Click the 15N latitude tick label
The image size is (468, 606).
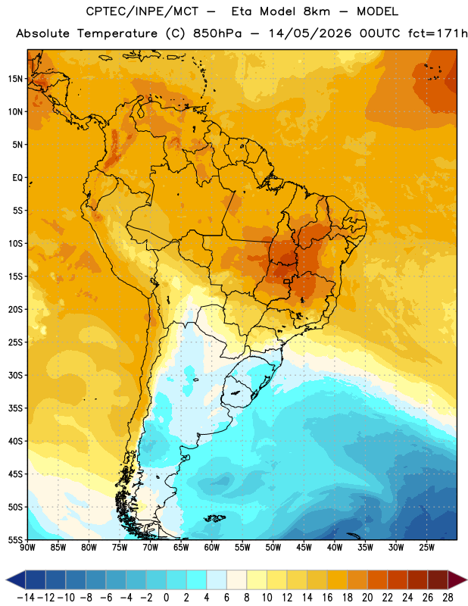(x=15, y=79)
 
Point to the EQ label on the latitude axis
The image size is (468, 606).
(x=17, y=178)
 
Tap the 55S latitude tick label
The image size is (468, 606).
(x=15, y=539)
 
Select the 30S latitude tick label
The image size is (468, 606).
(x=15, y=375)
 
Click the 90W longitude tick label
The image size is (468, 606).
(x=28, y=547)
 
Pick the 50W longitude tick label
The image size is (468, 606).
(x=273, y=547)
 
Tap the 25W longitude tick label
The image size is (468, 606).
(x=426, y=547)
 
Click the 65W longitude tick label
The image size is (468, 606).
(x=181, y=547)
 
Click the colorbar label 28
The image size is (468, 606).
(x=448, y=598)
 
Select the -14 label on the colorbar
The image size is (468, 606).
(x=27, y=598)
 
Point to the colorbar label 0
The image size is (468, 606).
(x=166, y=598)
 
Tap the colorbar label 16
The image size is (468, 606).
(x=327, y=598)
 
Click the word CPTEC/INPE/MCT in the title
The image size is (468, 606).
(x=142, y=11)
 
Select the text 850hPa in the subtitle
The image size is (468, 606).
(x=217, y=33)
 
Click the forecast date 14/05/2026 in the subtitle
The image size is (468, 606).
(x=310, y=33)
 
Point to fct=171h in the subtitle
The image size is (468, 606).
(x=438, y=33)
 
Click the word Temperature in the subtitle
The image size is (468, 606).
(x=117, y=33)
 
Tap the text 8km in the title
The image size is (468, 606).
(x=317, y=11)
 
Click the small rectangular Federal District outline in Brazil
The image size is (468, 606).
(x=286, y=281)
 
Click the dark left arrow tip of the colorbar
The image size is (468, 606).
(x=7, y=580)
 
